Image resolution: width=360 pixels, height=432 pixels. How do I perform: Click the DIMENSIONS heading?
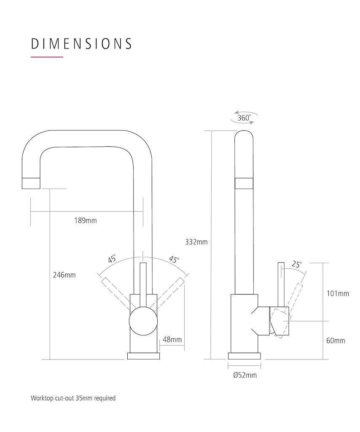(81, 44)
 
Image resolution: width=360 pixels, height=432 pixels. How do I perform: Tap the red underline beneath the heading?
(47, 57)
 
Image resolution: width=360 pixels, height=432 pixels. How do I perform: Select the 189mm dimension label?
(86, 220)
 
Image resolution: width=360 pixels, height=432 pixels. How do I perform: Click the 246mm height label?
(64, 275)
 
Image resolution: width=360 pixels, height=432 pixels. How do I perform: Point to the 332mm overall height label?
(196, 242)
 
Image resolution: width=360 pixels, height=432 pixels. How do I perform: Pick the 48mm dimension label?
(172, 340)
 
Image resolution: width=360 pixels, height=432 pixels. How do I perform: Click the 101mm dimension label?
(338, 294)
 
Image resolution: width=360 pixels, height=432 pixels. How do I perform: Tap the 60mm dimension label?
(336, 340)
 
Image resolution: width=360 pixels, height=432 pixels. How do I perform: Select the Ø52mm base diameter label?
(244, 375)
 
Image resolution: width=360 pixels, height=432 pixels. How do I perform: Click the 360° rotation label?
(244, 118)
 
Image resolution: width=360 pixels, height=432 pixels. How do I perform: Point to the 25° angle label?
(297, 265)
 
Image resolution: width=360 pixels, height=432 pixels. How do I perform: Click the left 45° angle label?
(112, 259)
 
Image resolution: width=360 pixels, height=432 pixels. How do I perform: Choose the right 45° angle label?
(174, 259)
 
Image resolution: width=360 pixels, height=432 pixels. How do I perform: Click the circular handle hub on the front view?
(143, 321)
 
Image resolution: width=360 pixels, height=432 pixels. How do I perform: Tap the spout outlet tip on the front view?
(31, 183)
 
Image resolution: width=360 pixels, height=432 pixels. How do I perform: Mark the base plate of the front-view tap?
(143, 356)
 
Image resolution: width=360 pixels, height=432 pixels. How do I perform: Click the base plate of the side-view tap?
(244, 356)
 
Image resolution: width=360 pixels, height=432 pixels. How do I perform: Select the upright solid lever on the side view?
(281, 284)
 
